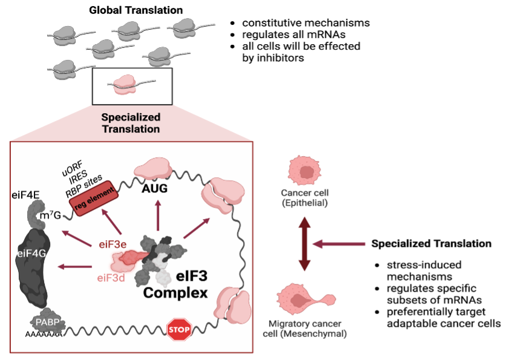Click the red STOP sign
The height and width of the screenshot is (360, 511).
click(x=179, y=330)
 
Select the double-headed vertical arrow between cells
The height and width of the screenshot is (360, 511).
click(x=305, y=244)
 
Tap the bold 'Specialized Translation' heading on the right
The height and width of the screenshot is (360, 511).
click(x=431, y=244)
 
